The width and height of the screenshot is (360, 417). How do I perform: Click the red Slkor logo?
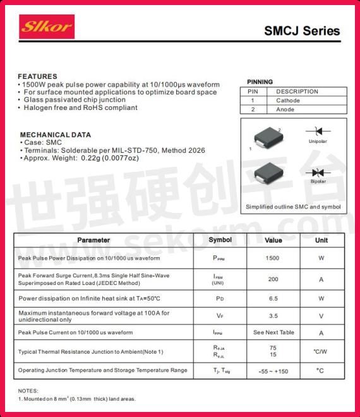[47, 27]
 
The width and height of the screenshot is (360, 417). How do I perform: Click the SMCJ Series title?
[301, 31]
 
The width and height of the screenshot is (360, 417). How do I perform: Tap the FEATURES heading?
[37, 76]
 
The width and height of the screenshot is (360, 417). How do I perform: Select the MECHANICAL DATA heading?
[55, 135]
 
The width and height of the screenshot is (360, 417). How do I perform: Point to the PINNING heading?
[260, 82]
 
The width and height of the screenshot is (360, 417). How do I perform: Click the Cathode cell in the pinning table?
[288, 100]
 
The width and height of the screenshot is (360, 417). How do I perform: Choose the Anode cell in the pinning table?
[285, 109]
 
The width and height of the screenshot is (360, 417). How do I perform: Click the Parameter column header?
[93, 240]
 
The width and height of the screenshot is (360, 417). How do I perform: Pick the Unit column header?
[321, 240]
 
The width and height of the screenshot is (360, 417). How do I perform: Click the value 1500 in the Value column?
[272, 258]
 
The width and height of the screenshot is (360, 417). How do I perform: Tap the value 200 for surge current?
[273, 279]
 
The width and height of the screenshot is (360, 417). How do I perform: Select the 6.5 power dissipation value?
[273, 298]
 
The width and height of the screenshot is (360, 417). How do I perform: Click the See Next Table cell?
[273, 332]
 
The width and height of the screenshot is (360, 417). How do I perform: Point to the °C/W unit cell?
[320, 351]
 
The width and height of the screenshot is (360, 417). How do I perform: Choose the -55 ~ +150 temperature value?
[273, 371]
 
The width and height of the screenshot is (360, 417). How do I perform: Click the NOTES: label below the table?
[28, 390]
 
